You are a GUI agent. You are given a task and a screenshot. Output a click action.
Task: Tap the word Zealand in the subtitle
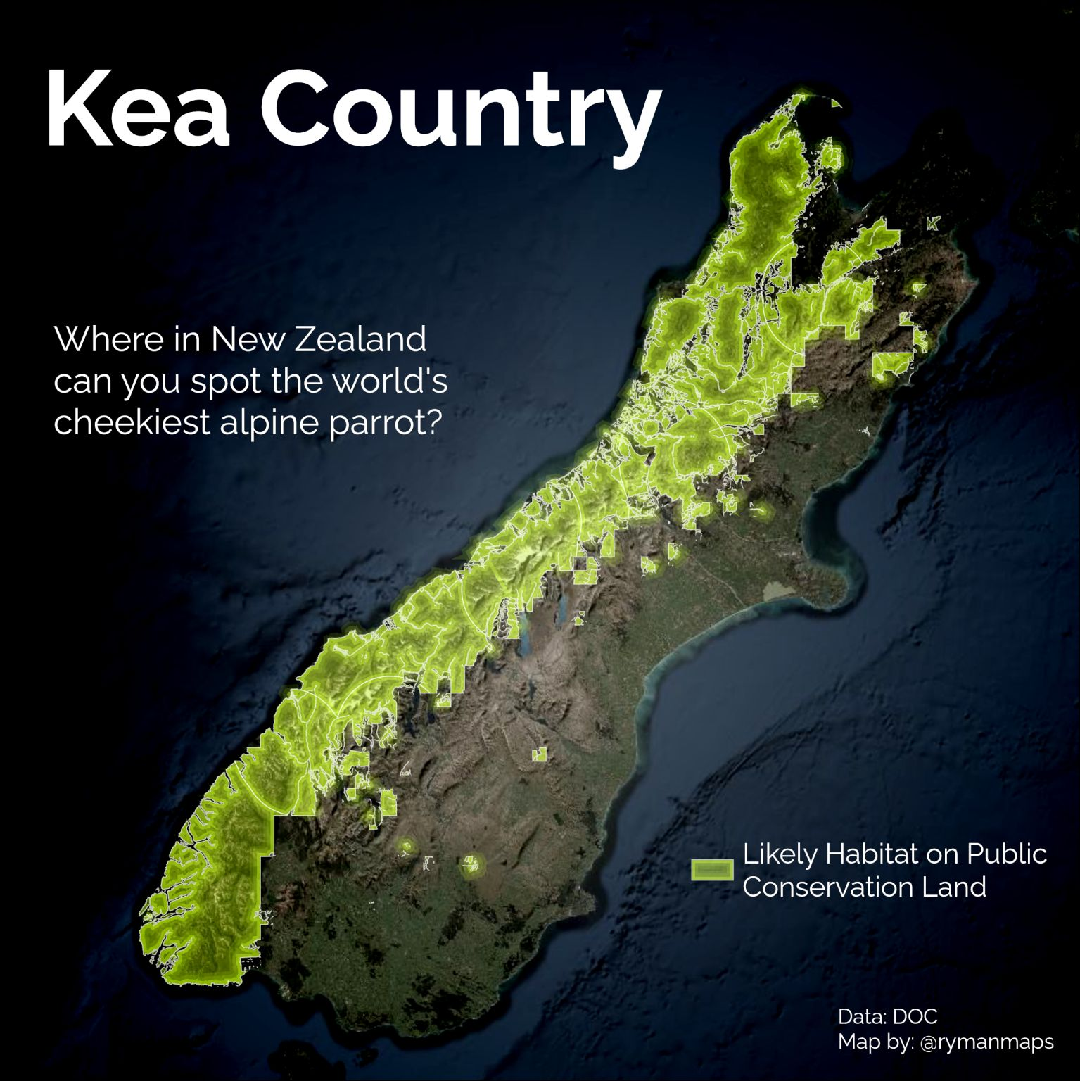pos(360,339)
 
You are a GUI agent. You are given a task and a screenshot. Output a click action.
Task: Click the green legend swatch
pos(712,870)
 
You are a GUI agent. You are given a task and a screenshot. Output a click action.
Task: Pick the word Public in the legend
pos(1007,854)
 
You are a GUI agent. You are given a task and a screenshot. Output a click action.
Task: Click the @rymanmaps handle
pos(986,1042)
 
